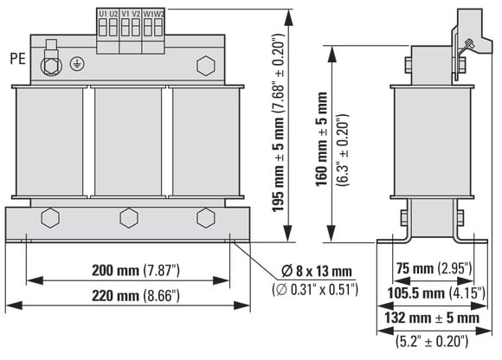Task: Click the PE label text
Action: pyautogui.click(x=17, y=59)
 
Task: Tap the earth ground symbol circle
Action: pyautogui.click(x=77, y=64)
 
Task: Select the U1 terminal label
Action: pyautogui.click(x=102, y=14)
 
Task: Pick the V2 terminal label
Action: pyautogui.click(x=136, y=14)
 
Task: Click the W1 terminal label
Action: pyautogui.click(x=148, y=14)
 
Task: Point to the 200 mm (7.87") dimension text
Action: pyautogui.click(x=136, y=270)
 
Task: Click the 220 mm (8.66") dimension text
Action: pyautogui.click(x=136, y=295)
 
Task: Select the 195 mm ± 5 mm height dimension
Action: pyautogui.click(x=278, y=123)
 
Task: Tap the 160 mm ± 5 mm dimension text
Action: pyautogui.click(x=322, y=139)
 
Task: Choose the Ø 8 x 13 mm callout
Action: pyautogui.click(x=317, y=272)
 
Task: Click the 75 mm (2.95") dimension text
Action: pyautogui.click(x=434, y=268)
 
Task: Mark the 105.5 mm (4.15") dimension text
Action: pyautogui.click(x=436, y=293)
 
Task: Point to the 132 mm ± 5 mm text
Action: pyautogui.click(x=432, y=318)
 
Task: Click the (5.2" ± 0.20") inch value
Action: pyautogui.click(x=432, y=341)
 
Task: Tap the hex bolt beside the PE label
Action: pyautogui.click(x=50, y=66)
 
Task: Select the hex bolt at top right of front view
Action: pyautogui.click(x=205, y=66)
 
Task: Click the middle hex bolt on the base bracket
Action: pyautogui.click(x=129, y=218)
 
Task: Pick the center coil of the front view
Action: pyautogui.click(x=128, y=142)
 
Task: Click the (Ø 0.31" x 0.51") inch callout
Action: pyautogui.click(x=315, y=290)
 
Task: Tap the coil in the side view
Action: pyautogui.click(x=432, y=142)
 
